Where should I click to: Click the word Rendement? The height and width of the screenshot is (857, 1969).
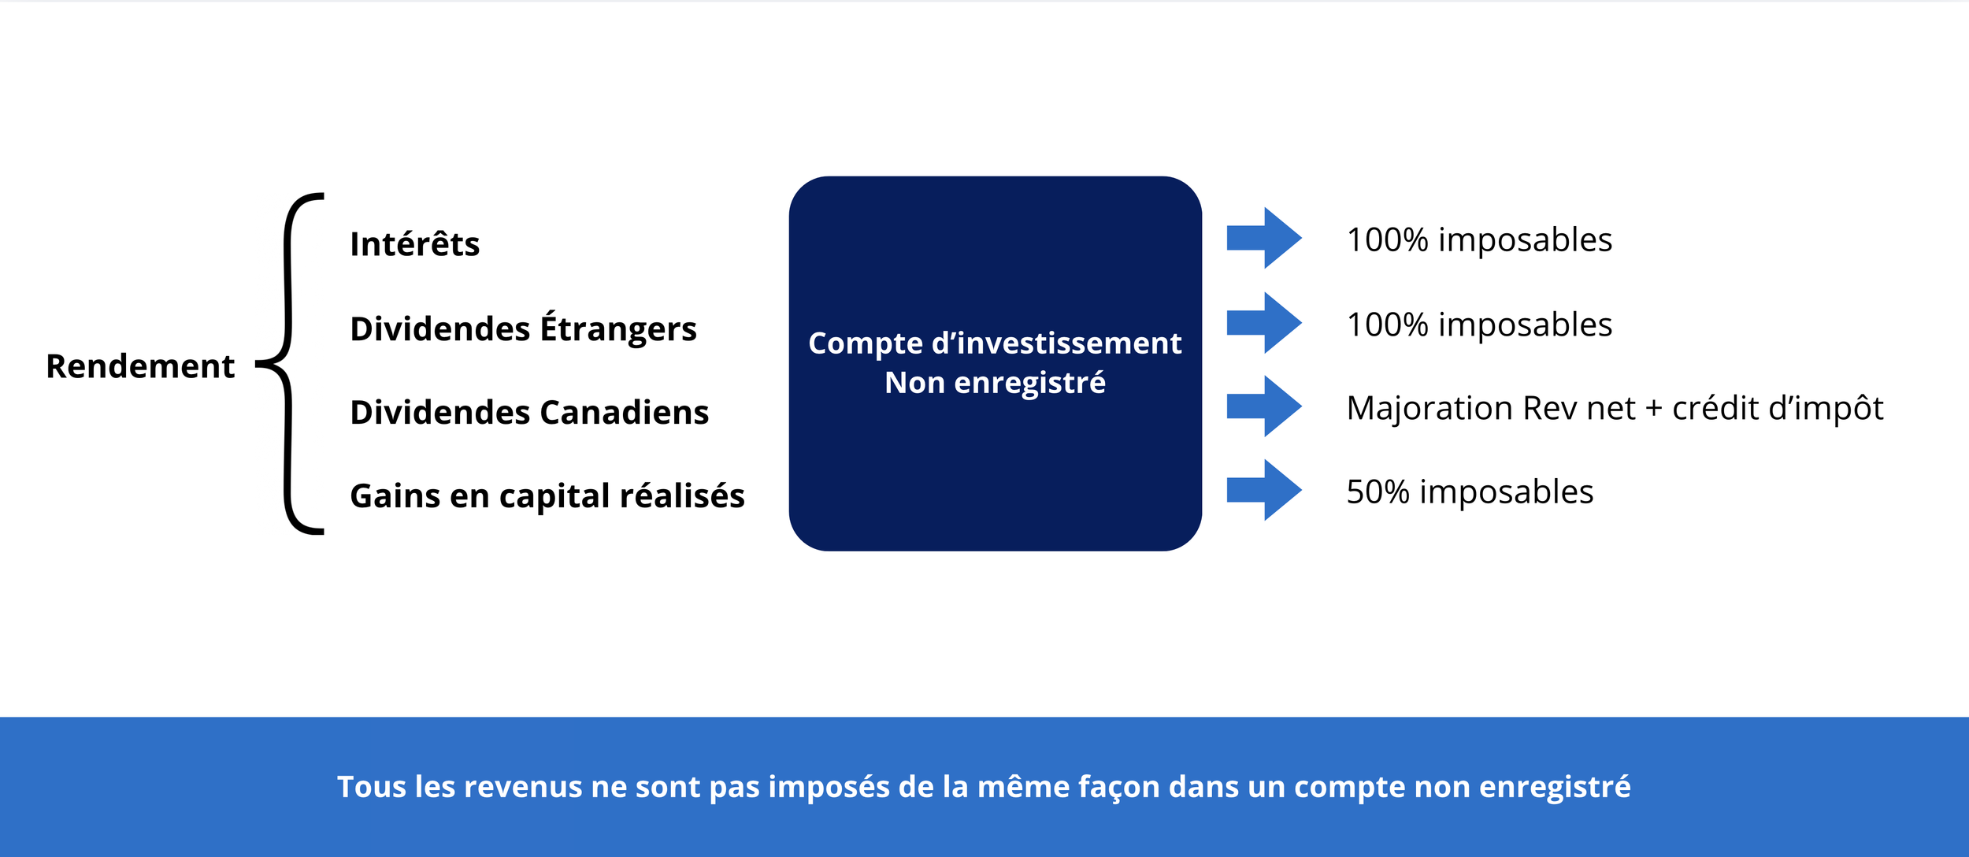pyautogui.click(x=140, y=366)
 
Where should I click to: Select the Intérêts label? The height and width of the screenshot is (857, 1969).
pyautogui.click(x=414, y=244)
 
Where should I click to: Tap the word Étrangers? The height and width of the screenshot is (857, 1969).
pyautogui.click(x=618, y=328)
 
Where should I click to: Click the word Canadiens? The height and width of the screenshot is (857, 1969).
pyautogui.click(x=624, y=412)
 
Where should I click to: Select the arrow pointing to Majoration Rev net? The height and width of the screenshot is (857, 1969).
pyautogui.click(x=1263, y=406)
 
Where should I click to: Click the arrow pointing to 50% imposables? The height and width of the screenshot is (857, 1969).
pyautogui.click(x=1263, y=490)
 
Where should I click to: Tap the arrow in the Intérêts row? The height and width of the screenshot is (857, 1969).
pyautogui.click(x=1263, y=238)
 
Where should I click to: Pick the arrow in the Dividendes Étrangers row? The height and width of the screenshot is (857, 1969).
pyautogui.click(x=1263, y=323)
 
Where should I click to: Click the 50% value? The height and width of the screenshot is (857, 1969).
pyautogui.click(x=1378, y=492)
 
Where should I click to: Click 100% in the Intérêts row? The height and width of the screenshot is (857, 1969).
pyautogui.click(x=1387, y=240)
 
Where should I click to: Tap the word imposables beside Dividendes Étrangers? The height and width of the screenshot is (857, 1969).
pyautogui.click(x=1525, y=325)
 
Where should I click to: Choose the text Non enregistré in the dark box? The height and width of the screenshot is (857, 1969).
pyautogui.click(x=995, y=383)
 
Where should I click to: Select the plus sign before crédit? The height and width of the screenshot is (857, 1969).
pyautogui.click(x=1653, y=409)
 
